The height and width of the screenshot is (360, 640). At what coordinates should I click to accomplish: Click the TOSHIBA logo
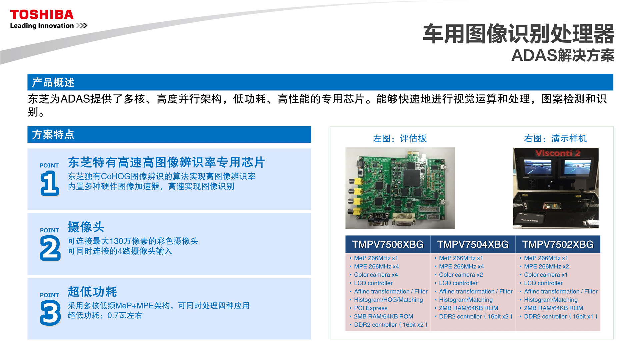point(42,15)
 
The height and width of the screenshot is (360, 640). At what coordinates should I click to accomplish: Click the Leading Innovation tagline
point(42,26)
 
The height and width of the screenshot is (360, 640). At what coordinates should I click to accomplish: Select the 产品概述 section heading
point(53,82)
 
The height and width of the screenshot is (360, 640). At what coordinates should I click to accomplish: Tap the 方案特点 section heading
point(53,134)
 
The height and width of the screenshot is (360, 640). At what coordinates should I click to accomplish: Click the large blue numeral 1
point(50,183)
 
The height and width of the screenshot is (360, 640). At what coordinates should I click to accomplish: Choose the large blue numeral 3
point(50,313)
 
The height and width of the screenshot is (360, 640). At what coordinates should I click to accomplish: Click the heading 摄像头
point(86,227)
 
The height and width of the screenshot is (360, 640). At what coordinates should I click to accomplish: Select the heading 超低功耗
point(92,292)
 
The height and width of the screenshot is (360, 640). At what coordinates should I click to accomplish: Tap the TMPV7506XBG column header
point(388,244)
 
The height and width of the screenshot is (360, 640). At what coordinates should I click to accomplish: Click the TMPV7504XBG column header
point(473,244)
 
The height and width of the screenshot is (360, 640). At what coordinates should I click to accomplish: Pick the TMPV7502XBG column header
point(558,244)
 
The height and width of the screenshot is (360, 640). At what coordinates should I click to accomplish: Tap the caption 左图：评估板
point(400,138)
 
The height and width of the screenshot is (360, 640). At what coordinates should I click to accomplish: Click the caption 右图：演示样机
point(555,138)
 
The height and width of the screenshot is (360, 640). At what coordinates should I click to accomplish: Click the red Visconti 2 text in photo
point(558,153)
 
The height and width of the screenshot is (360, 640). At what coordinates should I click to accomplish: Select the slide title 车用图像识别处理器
point(518,34)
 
